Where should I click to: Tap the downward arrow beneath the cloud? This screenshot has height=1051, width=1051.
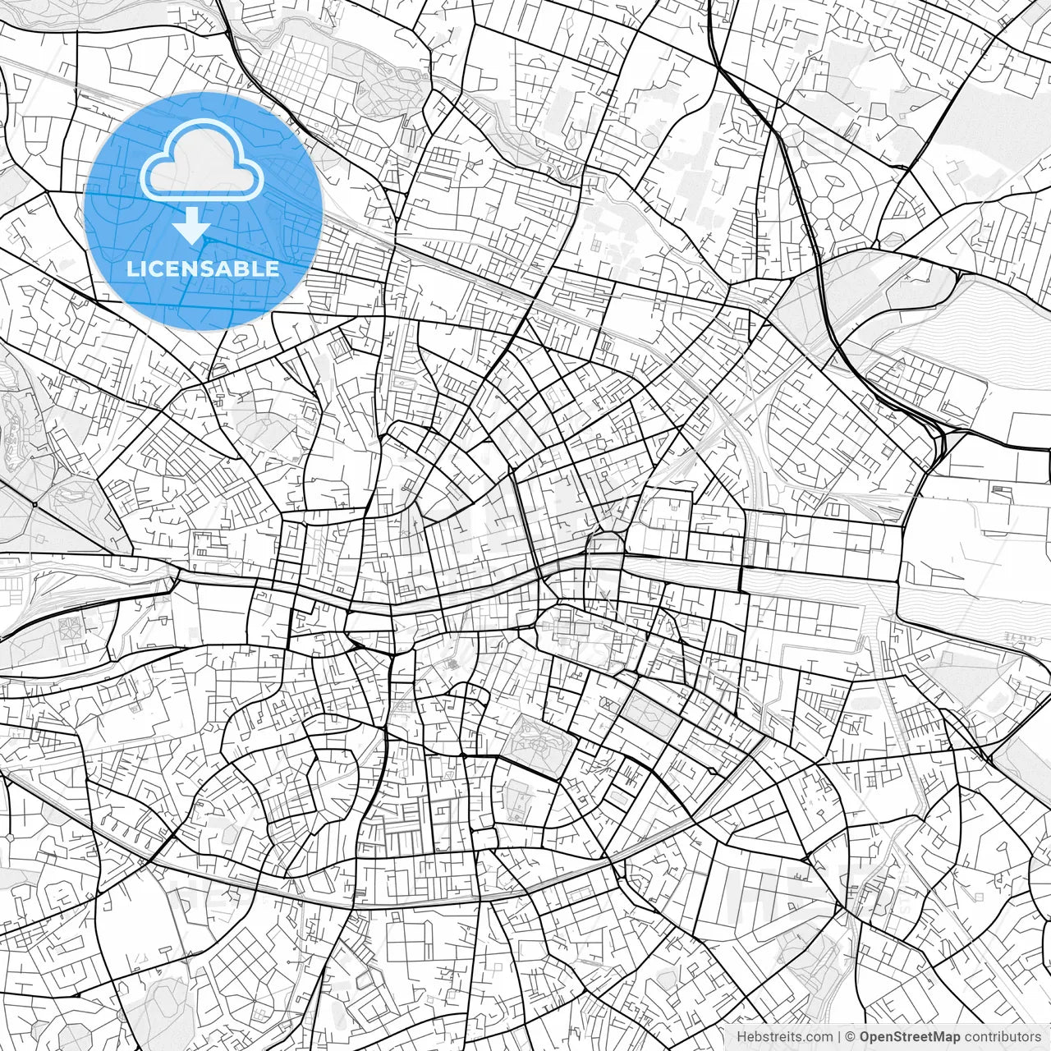coord(192,225)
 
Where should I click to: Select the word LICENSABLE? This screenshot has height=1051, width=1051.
coord(202,268)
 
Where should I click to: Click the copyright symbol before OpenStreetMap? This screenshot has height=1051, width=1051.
coord(851,1037)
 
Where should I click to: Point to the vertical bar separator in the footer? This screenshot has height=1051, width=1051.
coord(838,1037)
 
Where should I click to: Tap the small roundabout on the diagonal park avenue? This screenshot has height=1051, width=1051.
coord(36,503)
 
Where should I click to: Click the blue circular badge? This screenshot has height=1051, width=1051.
coord(202,210)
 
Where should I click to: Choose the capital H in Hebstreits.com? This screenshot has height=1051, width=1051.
coord(742,1037)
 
